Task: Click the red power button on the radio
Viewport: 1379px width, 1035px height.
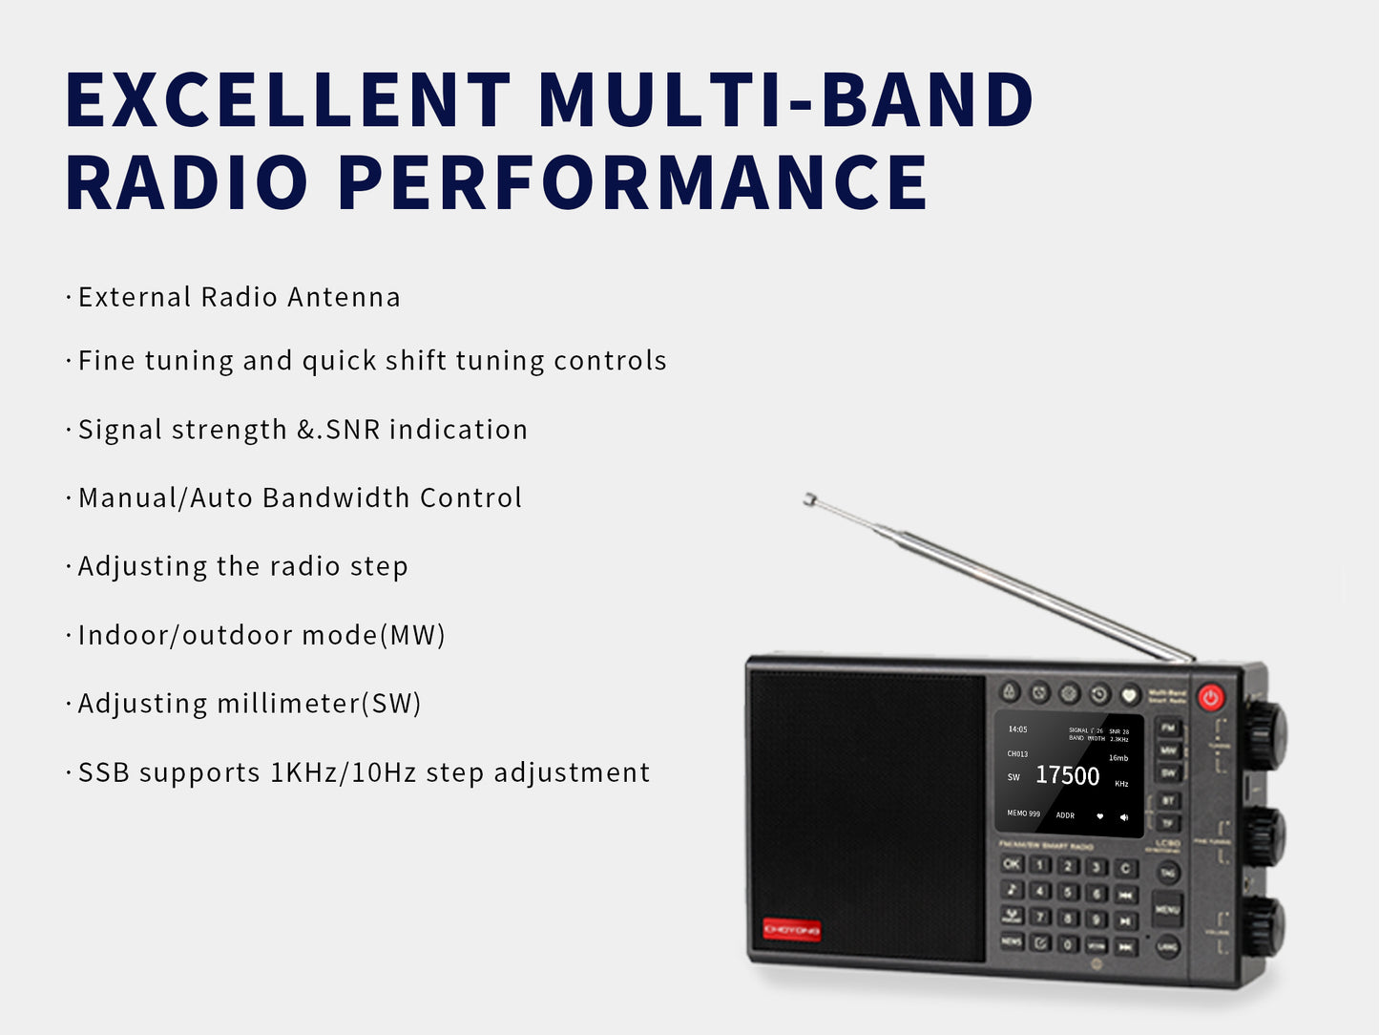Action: point(1210,697)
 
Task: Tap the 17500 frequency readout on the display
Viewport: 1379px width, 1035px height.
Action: point(1067,775)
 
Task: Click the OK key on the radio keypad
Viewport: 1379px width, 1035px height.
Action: point(1012,864)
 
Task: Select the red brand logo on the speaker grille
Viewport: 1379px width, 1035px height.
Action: point(791,929)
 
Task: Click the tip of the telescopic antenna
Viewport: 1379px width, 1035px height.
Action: point(809,498)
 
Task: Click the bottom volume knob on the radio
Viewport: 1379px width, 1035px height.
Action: point(1264,925)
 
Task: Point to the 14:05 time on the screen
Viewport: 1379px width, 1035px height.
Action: point(1017,729)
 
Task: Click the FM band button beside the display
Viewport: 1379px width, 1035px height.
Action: point(1168,729)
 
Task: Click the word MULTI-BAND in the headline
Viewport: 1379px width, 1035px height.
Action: point(784,99)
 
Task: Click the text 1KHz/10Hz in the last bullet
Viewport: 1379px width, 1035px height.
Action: point(344,772)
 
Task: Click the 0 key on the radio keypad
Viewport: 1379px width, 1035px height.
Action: point(1069,944)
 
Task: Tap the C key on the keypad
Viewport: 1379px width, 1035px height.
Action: point(1126,869)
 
